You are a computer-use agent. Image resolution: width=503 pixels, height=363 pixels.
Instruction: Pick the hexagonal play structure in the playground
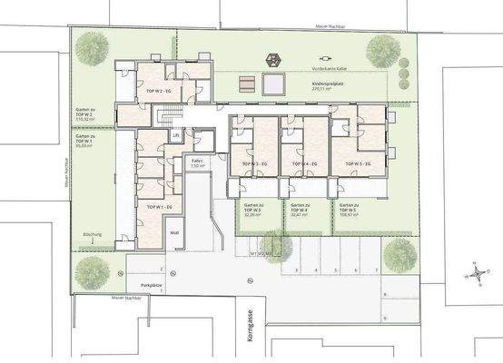click(x=271, y=61)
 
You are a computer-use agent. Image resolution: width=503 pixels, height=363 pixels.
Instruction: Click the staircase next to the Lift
click(x=165, y=116)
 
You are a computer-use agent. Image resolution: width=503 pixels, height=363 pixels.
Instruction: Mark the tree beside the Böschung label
click(x=89, y=269)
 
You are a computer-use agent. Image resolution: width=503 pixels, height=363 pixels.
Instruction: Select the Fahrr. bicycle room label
click(x=196, y=164)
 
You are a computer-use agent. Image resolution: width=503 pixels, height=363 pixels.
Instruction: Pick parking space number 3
click(x=296, y=270)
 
